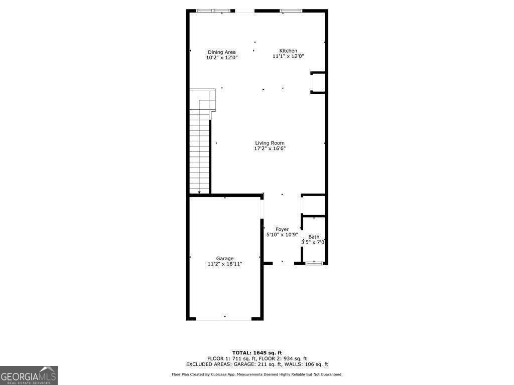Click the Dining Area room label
[222, 52]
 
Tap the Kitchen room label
[288, 51]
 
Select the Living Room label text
[270, 143]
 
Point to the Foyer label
[282, 229]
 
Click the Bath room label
[314, 237]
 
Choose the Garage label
[225, 259]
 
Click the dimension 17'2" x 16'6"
[270, 148]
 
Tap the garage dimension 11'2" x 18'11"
[225, 264]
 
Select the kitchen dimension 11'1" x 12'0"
[288, 56]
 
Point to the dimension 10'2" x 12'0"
[222, 58]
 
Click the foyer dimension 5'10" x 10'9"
[282, 235]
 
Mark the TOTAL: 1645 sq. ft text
[257, 352]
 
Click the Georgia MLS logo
[29, 375]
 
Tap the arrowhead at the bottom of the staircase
[199, 192]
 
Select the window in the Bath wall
[314, 263]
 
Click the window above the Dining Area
[214, 11]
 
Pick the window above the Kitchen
[291, 11]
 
